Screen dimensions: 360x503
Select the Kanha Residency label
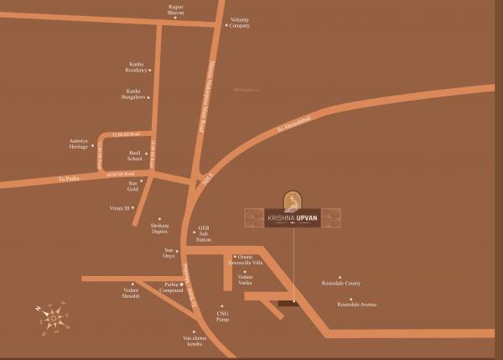(x=137, y=66)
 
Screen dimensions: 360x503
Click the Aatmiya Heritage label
(x=78, y=144)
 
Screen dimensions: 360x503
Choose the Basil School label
(x=134, y=156)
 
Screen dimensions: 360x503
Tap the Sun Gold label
(x=132, y=186)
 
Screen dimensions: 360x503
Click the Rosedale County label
(x=340, y=284)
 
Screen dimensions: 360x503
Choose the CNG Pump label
(x=221, y=316)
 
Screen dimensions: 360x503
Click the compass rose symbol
(x=54, y=318)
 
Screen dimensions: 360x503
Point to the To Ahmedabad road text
(x=294, y=123)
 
